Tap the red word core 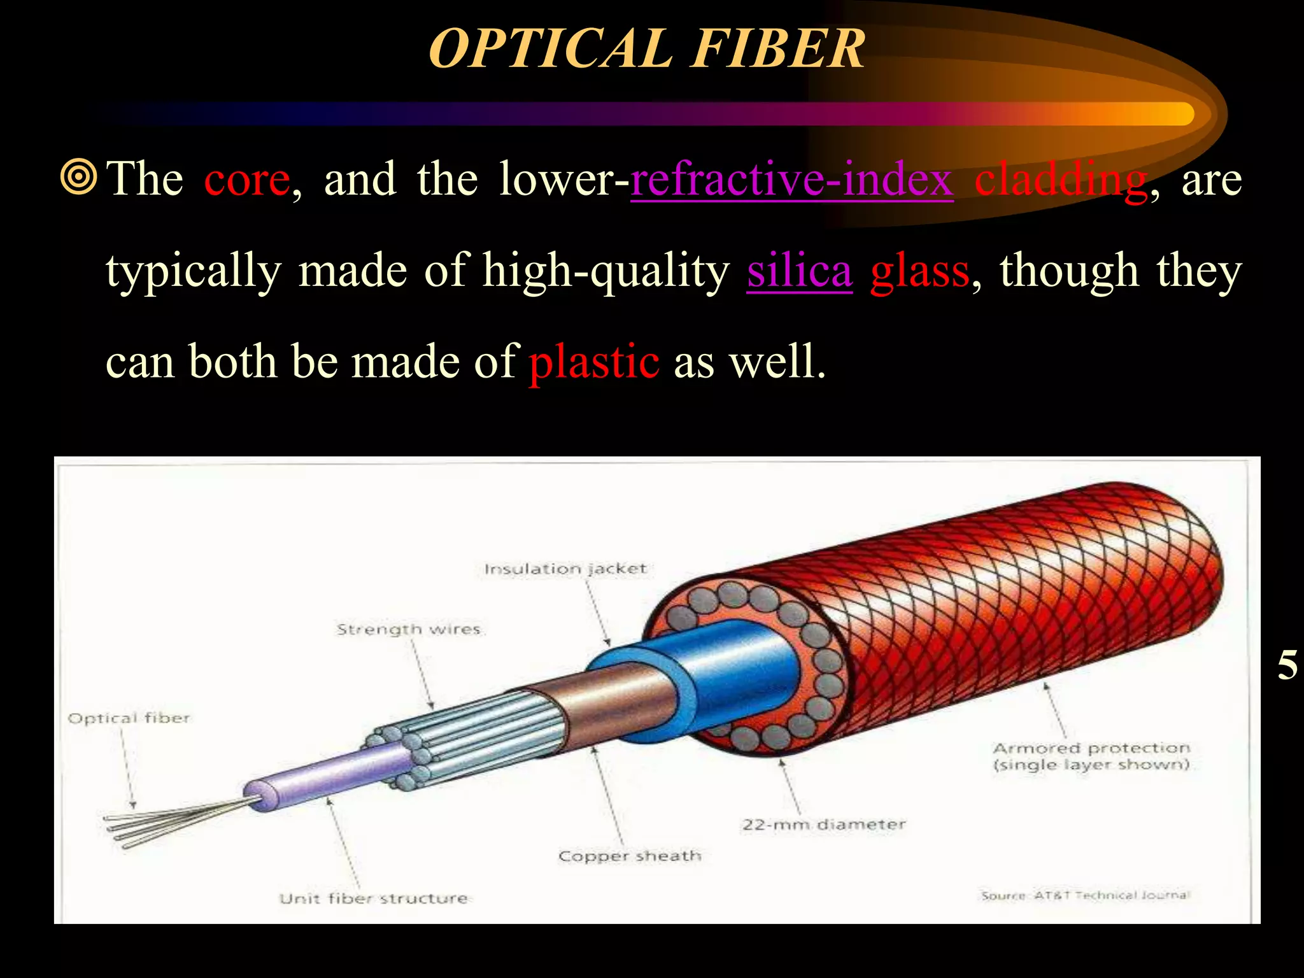tap(247, 180)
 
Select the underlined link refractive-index tap(791, 180)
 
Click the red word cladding tap(1061, 180)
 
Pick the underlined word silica tap(799, 271)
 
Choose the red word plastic tap(594, 362)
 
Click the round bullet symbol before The tap(79, 178)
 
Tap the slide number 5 tap(1287, 665)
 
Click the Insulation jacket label tap(565, 569)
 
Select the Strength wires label tap(408, 629)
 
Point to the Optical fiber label tap(129, 718)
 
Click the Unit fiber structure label tap(373, 898)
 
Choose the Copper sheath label tap(629, 856)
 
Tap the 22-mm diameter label tap(823, 825)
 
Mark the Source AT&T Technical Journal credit tap(1084, 895)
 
